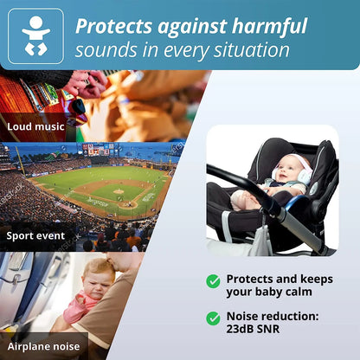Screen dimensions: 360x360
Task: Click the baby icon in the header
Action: (x=35, y=35)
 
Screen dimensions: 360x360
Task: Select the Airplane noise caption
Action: (x=44, y=346)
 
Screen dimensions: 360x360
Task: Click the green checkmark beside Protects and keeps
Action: (x=213, y=280)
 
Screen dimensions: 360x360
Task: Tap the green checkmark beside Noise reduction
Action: (x=213, y=318)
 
